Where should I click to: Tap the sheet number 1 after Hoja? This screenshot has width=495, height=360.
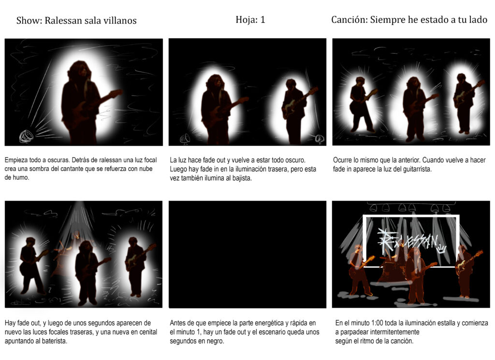point(262,20)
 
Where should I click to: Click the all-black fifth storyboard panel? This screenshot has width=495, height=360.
point(247,254)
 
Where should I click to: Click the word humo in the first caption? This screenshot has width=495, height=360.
point(23,177)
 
